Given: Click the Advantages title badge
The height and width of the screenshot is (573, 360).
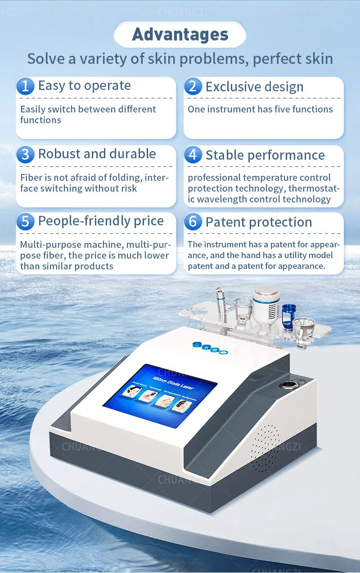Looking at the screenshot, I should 180,35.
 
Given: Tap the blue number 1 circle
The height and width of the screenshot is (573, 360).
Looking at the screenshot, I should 25,86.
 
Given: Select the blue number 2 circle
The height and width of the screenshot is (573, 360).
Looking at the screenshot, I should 193,86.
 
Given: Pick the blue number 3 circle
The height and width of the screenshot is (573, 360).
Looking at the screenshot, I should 25,154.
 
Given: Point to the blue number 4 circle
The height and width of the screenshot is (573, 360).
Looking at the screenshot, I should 193,155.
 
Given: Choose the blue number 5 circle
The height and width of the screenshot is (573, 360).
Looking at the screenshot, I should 25,221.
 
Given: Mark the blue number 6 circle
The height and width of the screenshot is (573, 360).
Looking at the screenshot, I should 193,222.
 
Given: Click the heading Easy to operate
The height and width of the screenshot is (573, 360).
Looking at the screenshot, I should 84,85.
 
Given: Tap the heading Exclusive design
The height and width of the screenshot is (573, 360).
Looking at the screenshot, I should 254,87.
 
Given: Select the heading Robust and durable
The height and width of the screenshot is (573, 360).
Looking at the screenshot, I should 97,154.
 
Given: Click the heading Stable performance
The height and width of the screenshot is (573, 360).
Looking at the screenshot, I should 265,155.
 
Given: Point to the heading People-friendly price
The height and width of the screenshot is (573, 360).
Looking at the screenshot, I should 101,221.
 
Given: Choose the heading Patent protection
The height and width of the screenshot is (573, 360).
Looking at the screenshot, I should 259,222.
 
